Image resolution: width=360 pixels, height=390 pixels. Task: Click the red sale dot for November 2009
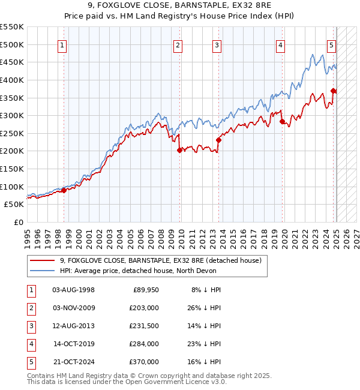click(179, 151)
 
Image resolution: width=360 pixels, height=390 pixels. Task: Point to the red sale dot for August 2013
click(218, 140)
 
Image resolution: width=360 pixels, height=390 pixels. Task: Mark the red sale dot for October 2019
click(282, 122)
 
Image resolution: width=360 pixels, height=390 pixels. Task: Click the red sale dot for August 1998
click(64, 191)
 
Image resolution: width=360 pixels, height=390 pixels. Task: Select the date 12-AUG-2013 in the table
click(73, 326)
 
